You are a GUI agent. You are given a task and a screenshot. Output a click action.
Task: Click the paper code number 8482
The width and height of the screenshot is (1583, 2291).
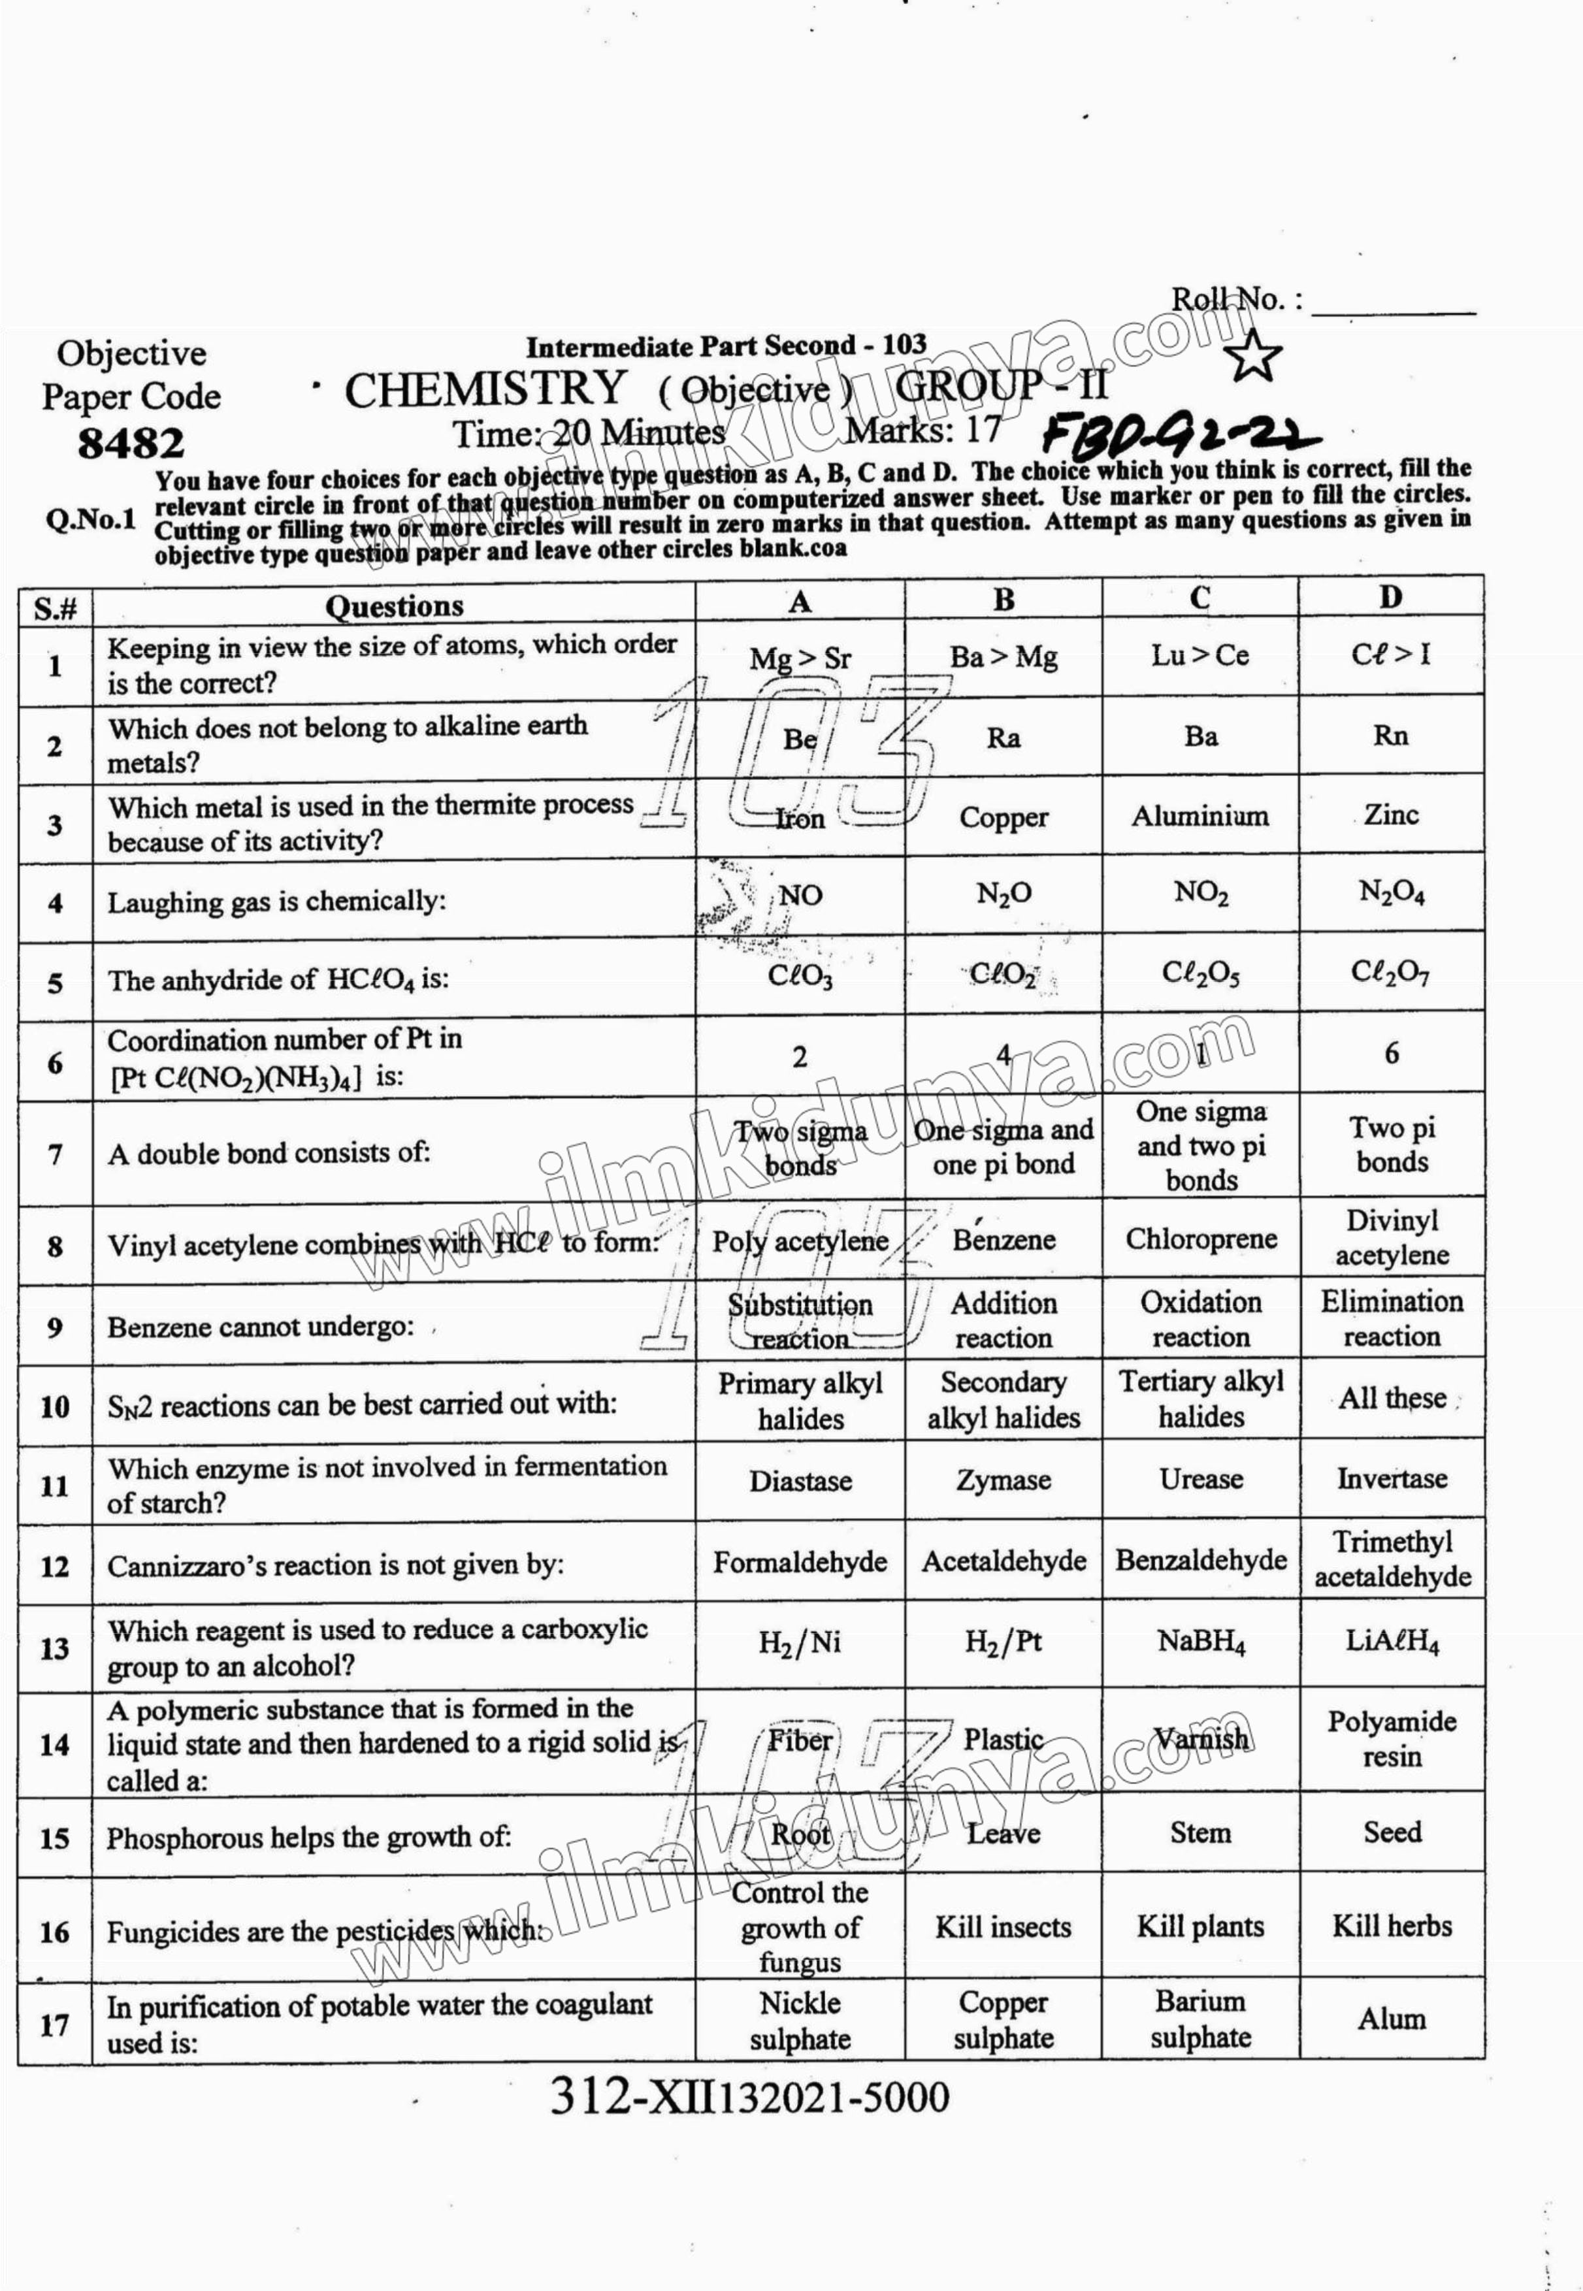point(131,444)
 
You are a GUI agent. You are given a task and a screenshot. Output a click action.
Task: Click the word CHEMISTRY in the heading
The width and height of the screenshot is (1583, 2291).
point(485,390)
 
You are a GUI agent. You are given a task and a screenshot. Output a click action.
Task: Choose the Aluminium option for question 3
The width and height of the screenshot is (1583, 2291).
point(1200,816)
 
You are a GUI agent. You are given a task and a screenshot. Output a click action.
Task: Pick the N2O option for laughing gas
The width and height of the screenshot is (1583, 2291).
point(1004,894)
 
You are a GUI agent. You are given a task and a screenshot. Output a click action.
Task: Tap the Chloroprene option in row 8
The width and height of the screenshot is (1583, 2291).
point(1200,1239)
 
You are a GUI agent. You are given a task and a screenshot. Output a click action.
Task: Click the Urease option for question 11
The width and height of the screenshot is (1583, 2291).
point(1200,1479)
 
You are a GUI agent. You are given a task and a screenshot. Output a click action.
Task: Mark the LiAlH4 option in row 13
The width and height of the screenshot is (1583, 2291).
point(1392,1642)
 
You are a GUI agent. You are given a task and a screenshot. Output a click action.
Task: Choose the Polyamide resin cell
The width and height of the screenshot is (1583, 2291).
point(1392,1738)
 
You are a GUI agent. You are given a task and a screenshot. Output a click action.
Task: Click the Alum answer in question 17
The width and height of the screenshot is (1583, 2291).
point(1392,2019)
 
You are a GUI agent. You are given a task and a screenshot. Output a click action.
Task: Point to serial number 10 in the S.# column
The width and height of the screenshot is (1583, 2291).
point(54,1406)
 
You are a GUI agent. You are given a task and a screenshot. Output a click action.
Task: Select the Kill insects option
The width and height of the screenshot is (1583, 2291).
point(1003,1927)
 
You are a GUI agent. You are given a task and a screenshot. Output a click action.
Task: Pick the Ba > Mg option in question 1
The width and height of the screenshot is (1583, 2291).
point(1003,657)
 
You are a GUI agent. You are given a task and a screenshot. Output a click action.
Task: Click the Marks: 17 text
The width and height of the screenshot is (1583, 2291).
point(922,431)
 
